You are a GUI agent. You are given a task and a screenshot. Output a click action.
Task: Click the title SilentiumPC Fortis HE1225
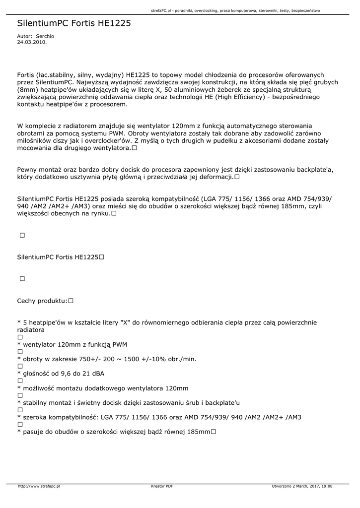pyautogui.click(x=74, y=23)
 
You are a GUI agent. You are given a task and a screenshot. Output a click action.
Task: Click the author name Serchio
pyautogui.click(x=45, y=37)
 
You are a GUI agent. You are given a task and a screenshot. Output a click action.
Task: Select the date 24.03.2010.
pyautogui.click(x=32, y=42)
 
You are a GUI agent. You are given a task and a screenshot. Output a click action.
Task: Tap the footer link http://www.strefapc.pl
pyautogui.click(x=39, y=486)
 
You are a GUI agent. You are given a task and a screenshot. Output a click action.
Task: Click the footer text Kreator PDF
pyautogui.click(x=162, y=486)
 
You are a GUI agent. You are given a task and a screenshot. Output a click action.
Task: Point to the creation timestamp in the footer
pyautogui.click(x=302, y=486)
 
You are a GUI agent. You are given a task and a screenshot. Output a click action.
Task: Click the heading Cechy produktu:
pyautogui.click(x=42, y=301)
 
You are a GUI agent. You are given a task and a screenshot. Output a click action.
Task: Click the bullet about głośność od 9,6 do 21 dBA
pyautogui.click(x=64, y=373)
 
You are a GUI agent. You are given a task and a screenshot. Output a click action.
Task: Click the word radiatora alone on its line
pyautogui.click(x=31, y=329)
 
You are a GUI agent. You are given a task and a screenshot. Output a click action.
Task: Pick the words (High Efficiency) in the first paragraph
pyautogui.click(x=237, y=97)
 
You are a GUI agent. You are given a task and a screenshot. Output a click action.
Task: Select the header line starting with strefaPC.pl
pyautogui.click(x=235, y=10)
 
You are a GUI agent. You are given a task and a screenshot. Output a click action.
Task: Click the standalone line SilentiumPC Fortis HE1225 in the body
pyautogui.click(x=58, y=257)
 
